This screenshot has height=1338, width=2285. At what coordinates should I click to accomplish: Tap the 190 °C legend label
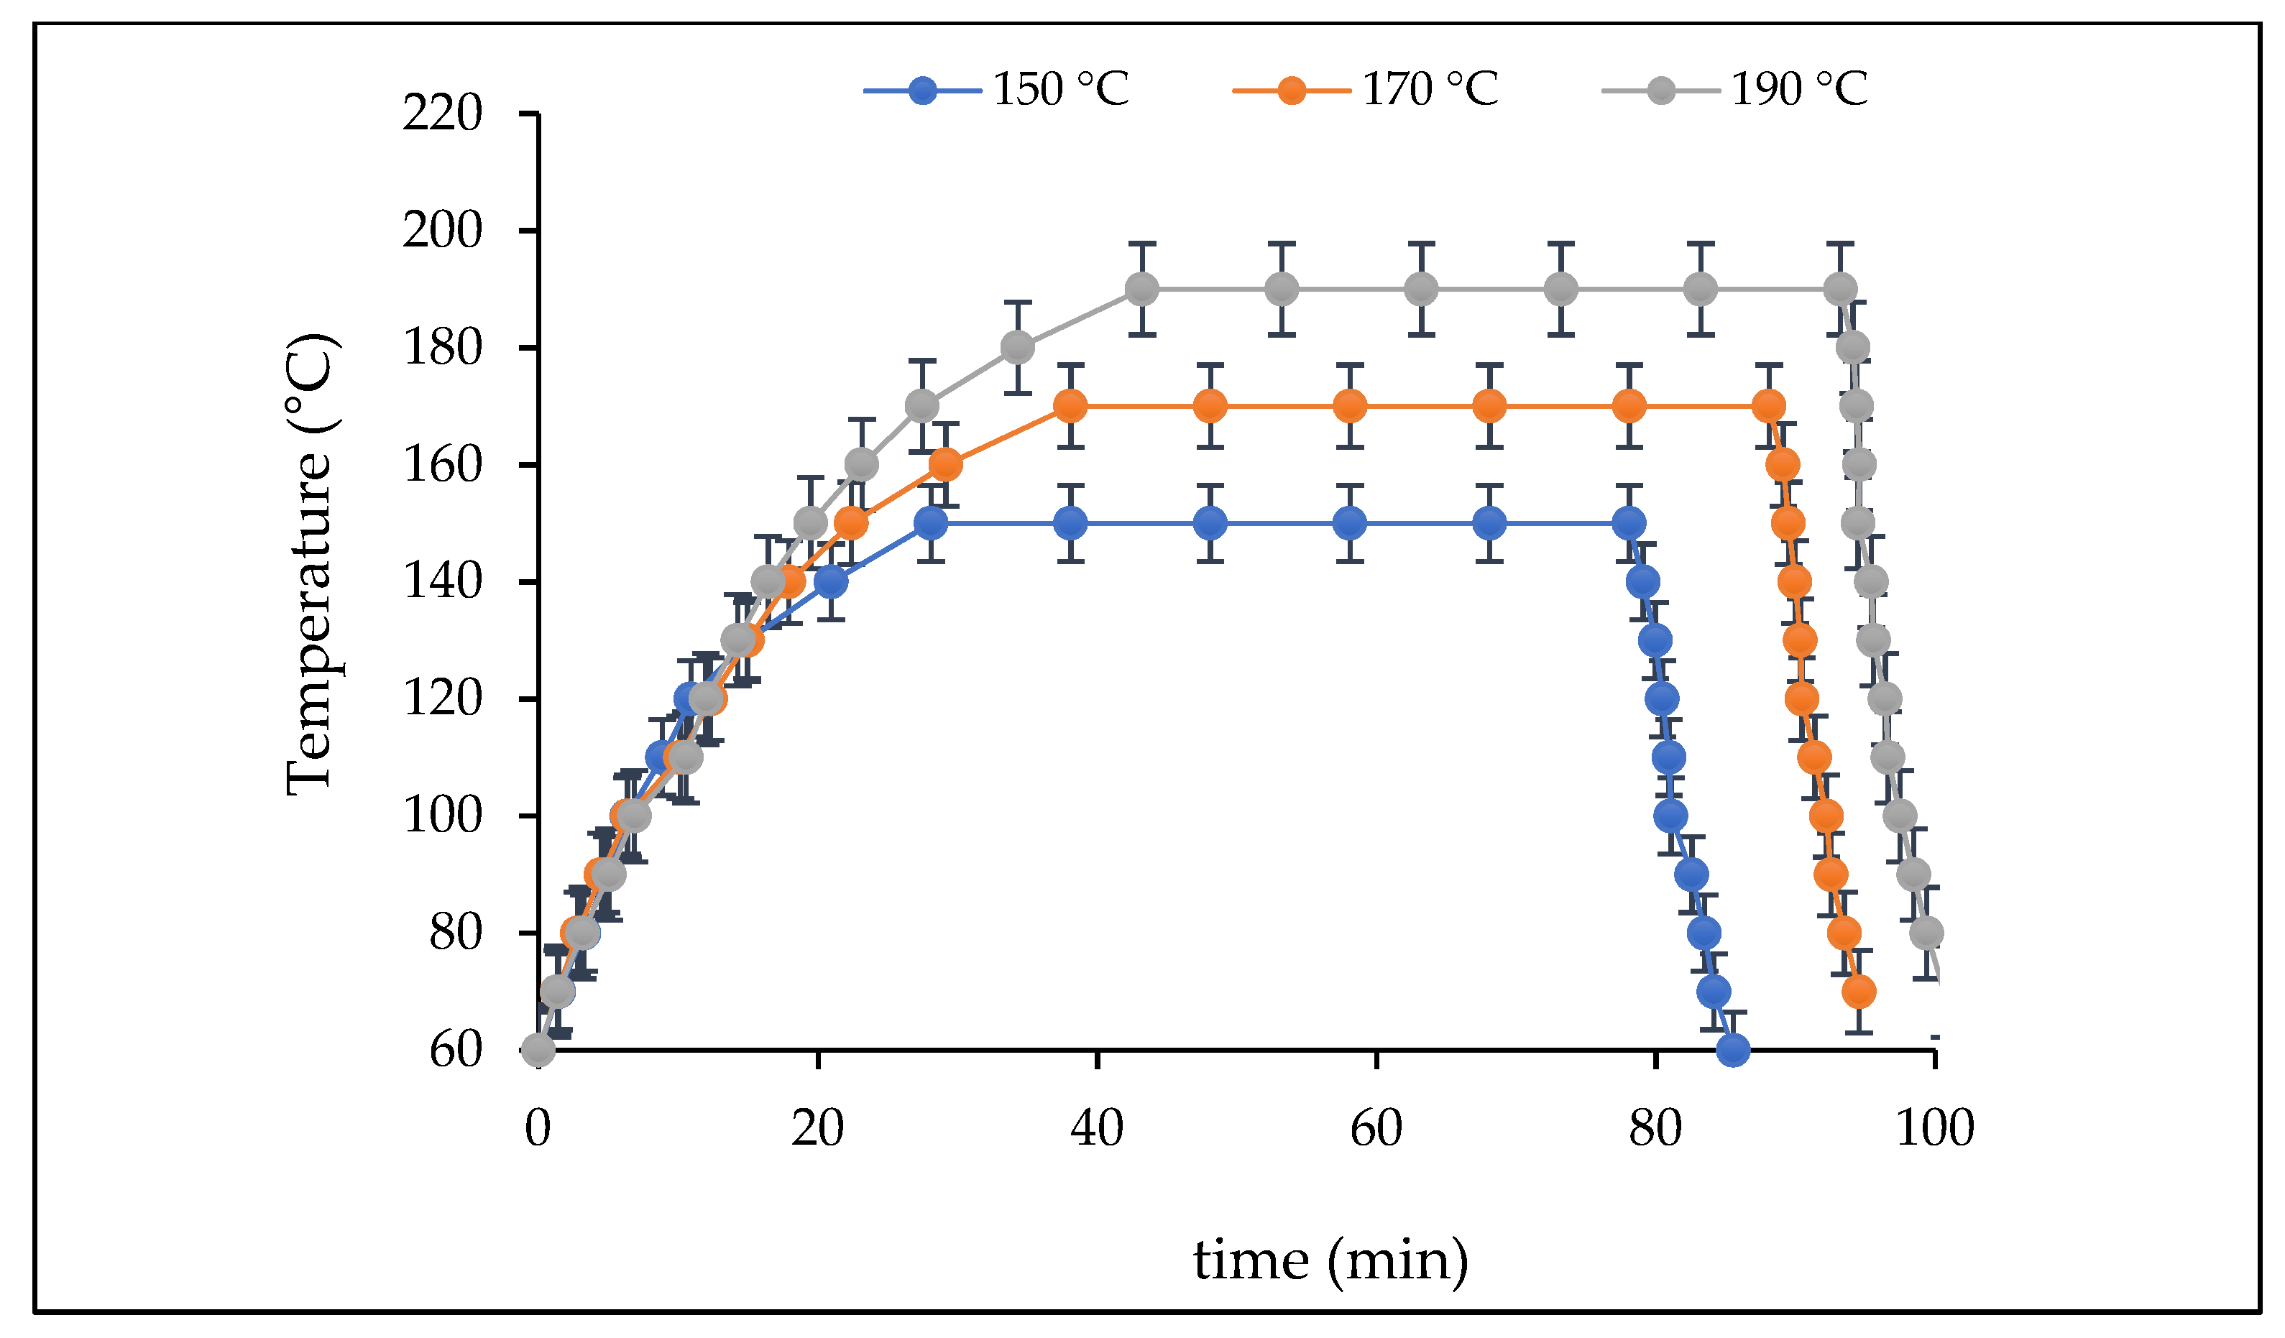[1799, 90]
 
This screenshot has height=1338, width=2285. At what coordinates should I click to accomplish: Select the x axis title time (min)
[1330, 1261]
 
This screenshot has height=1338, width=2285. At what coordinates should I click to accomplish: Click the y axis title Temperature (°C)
[308, 565]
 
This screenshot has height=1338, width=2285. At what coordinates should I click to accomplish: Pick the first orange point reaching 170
[1071, 406]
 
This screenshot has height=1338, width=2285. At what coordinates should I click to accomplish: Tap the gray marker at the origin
[538, 1051]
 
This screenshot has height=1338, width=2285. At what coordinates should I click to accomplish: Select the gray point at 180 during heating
[1017, 347]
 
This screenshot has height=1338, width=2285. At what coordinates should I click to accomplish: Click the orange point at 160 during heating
[944, 465]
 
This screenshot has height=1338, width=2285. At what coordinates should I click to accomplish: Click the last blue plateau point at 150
[1629, 523]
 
